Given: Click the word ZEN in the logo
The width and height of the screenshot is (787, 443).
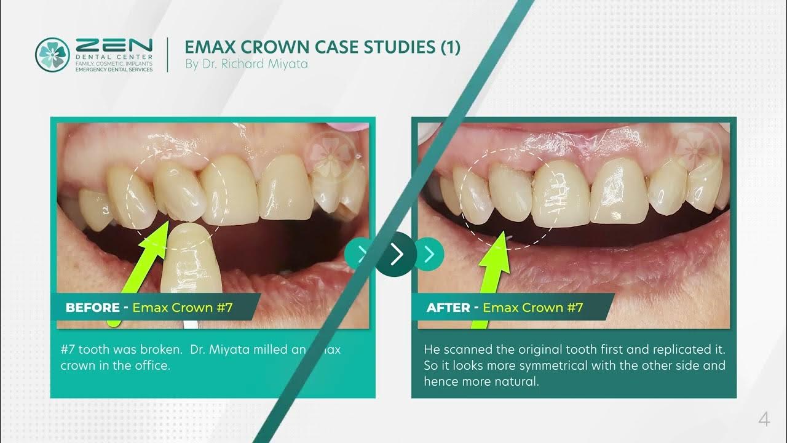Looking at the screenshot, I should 114,46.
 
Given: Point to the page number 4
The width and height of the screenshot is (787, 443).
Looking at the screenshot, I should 764,420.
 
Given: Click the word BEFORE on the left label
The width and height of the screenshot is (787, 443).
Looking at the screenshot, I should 92,308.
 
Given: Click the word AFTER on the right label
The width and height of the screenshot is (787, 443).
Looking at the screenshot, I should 448,308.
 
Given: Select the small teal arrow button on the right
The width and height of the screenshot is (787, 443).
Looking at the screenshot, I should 429,254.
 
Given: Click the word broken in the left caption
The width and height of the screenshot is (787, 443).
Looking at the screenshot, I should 159,349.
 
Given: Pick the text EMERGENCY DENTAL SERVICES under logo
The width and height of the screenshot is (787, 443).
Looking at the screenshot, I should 114,70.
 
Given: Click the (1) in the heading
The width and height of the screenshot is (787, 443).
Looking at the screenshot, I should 450,47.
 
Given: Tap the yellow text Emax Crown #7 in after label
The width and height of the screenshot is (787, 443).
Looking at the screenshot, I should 532,308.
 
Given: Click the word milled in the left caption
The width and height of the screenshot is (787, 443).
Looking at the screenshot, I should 269,349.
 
